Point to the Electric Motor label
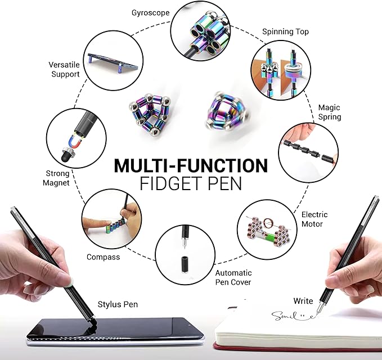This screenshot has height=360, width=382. (314, 219)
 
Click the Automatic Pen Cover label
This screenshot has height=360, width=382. (233, 277)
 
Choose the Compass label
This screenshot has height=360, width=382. (103, 257)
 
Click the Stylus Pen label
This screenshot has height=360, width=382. (117, 304)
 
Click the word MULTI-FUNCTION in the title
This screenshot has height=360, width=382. (191, 166)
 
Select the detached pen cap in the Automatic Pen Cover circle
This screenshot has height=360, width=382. (185, 265)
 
